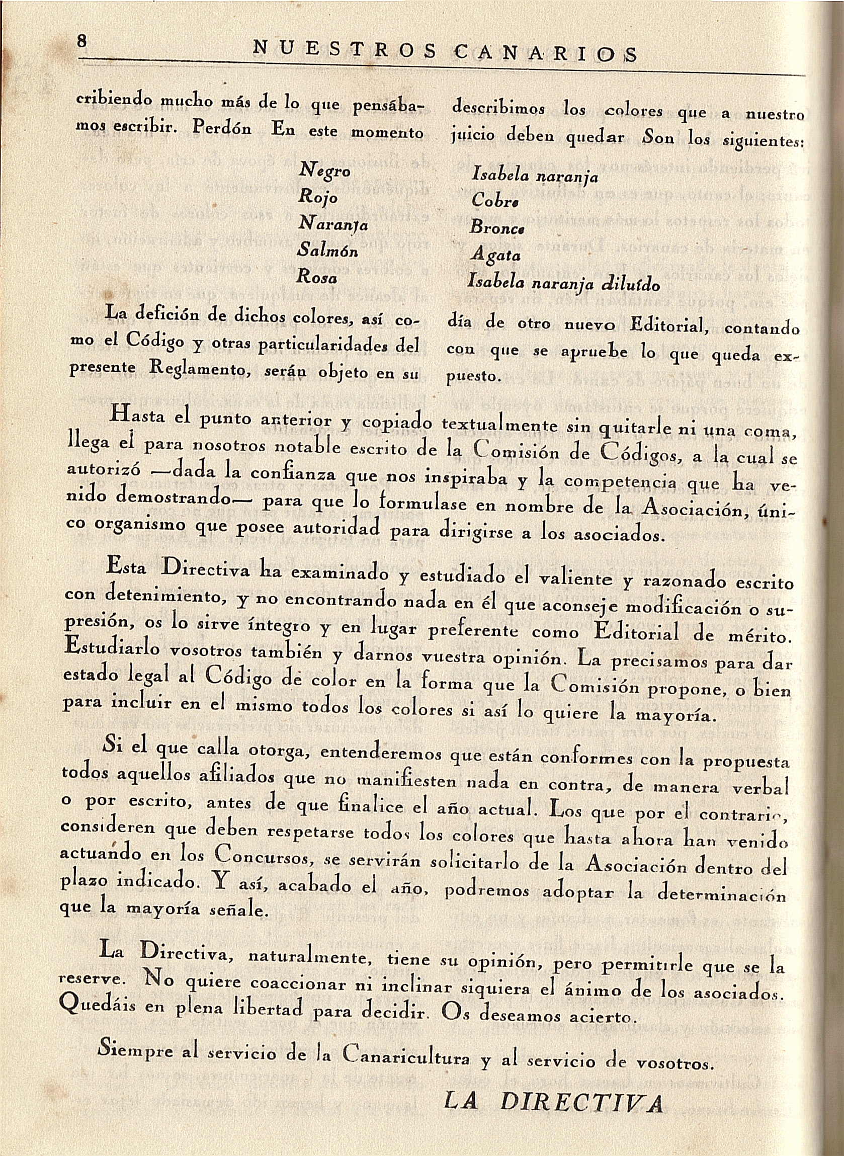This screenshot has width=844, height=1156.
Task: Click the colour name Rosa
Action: pyautogui.click(x=317, y=277)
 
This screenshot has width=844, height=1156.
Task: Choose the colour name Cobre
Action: pyautogui.click(x=495, y=201)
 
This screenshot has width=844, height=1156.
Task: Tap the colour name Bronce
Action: pyautogui.click(x=497, y=228)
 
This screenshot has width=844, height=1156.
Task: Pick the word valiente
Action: pyautogui.click(x=576, y=579)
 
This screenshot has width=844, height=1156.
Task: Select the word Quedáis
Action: pyautogui.click(x=99, y=1006)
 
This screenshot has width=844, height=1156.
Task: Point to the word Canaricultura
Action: pyautogui.click(x=406, y=1054)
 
